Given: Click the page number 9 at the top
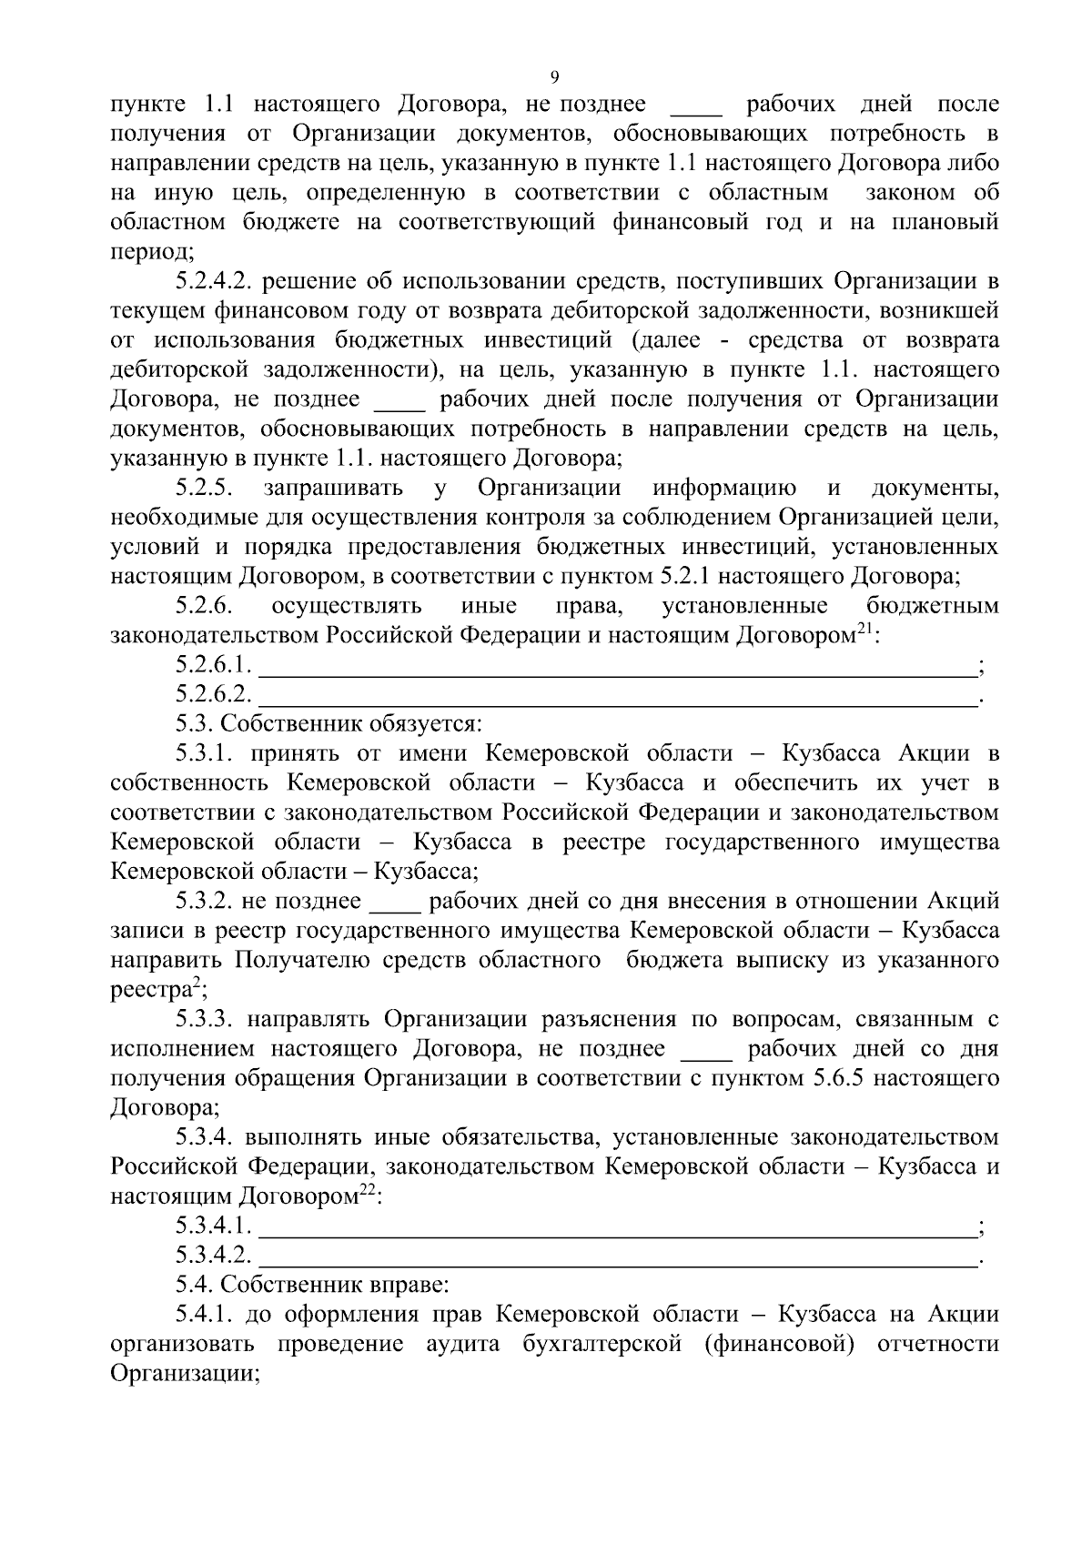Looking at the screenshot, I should click(555, 76).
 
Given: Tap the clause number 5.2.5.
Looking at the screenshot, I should click(206, 488).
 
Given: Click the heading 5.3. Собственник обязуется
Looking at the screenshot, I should click(329, 725).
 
